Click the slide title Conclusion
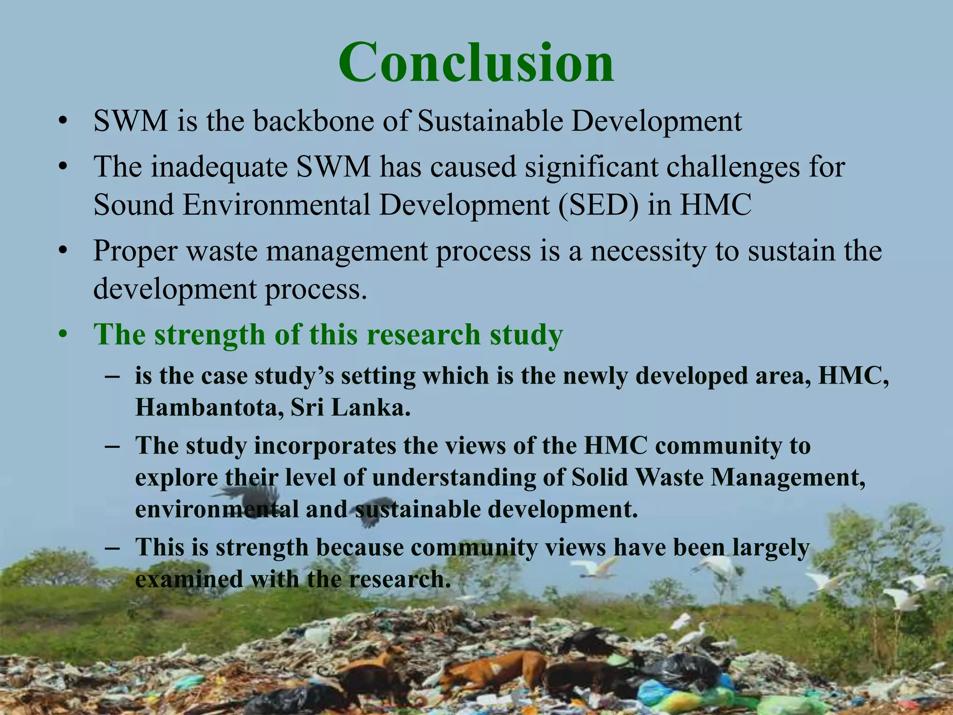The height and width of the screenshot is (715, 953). (x=476, y=63)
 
